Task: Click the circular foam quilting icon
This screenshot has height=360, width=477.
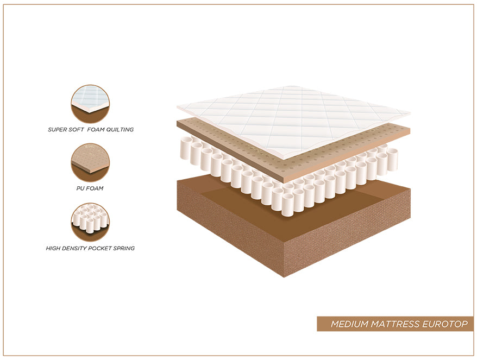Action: (90, 104)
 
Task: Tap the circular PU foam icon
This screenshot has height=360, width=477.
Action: (90, 163)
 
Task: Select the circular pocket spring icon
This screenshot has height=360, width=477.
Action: (90, 222)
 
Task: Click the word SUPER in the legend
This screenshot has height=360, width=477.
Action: (58, 130)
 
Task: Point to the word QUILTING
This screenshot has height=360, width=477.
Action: (120, 130)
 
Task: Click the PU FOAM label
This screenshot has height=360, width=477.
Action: (90, 188)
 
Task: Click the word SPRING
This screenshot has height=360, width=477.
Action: (124, 248)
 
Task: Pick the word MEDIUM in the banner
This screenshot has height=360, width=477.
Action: (350, 324)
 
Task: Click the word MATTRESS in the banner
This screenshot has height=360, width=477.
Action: (396, 324)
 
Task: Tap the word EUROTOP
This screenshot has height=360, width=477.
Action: (445, 324)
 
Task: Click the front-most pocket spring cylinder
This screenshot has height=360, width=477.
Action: (287, 205)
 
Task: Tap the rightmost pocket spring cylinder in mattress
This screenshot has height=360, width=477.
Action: (392, 159)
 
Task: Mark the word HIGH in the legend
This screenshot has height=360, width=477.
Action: (53, 248)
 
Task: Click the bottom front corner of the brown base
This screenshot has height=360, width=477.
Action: (284, 277)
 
